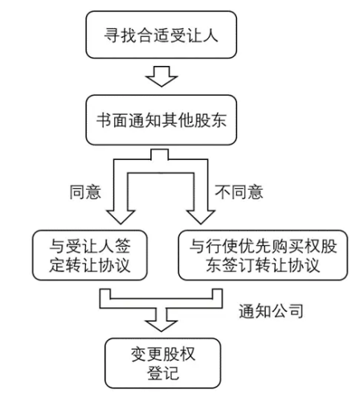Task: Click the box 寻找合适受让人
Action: pos(162,35)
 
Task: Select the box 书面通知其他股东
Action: pos(162,120)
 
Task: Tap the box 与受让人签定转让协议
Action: pos(90,255)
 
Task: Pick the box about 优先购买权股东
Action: pos(263,255)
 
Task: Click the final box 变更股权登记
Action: pos(163,363)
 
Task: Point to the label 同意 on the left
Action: pos(85,192)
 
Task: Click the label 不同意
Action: pos(239,192)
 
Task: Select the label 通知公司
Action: pos(271,311)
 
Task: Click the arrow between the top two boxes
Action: pos(162,76)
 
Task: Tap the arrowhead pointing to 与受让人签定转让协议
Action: pos(121,217)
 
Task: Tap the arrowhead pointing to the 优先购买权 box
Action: pos(201,217)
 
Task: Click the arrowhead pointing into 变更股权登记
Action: pos(162,326)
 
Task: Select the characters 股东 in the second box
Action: pos(211,120)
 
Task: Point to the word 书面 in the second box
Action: pos(112,120)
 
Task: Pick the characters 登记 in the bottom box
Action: pos(163,373)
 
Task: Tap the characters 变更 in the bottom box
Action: pos(147,354)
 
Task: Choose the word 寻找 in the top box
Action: pos(121,35)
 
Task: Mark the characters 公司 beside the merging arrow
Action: pos(287,311)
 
